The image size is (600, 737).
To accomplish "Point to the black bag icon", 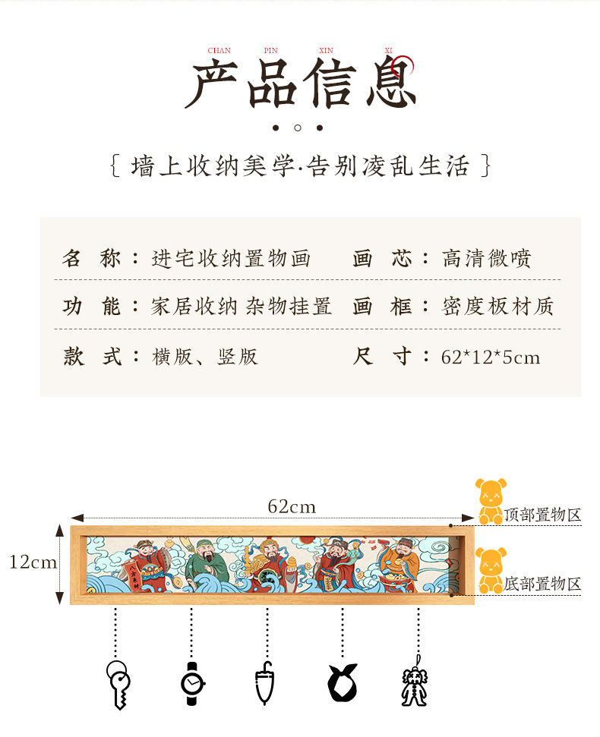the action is point(343,682).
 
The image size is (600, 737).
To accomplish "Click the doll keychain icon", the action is point(414,686).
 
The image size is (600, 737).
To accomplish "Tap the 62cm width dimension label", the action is point(292,506).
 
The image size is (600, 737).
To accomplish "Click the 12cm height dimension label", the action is point(33,562).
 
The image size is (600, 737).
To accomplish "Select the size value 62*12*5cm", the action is point(491,357).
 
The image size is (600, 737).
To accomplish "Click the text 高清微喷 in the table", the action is point(487,259).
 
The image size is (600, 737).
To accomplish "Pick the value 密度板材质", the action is point(498,307).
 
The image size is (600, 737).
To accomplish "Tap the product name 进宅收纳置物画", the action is point(231,259).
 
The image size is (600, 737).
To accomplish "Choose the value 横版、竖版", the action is point(205,357).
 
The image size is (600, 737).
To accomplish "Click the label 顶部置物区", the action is point(542,515).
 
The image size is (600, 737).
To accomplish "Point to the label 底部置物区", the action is point(542,584).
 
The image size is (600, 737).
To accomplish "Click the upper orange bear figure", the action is point(490,500).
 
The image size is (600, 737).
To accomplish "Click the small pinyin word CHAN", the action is point(219,51).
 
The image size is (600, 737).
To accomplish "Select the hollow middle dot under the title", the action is point(298,128).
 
